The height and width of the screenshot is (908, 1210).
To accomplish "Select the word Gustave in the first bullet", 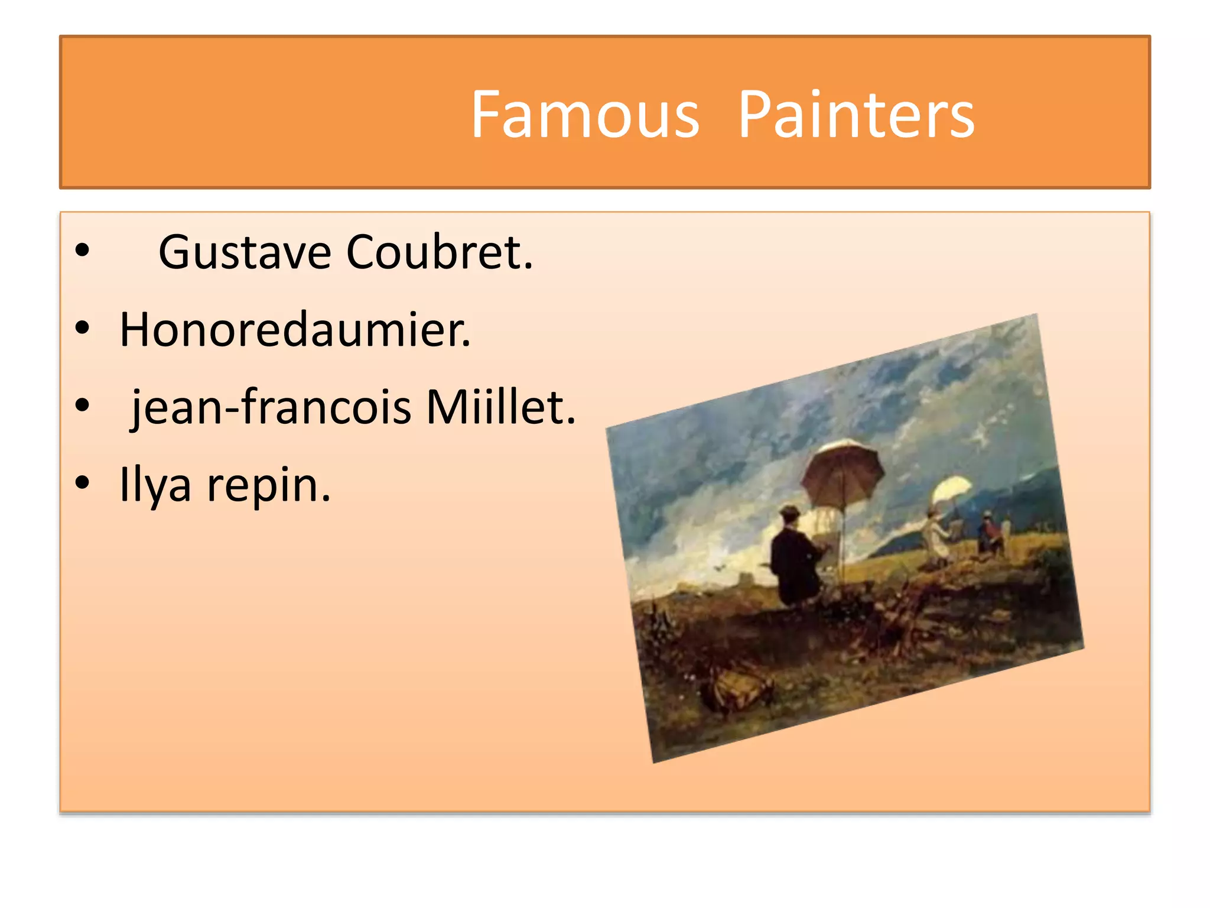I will point(245,253).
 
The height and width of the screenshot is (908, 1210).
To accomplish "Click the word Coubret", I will point(439,253).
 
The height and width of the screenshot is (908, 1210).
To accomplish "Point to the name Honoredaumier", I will point(295,330).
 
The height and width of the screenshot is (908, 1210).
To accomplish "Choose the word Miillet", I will point(500,408).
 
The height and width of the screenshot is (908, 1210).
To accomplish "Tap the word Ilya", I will point(155,485).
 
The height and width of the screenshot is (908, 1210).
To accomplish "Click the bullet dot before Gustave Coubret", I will point(82,250).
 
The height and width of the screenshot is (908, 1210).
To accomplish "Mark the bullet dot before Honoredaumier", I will point(82,328).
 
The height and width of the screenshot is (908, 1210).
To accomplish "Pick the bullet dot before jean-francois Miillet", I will point(82,406).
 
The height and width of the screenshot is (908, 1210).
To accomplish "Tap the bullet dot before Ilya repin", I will point(82,483).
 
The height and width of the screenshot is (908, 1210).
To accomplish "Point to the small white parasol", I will point(951,490).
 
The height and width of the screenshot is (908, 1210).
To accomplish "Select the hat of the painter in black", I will point(789,511).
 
